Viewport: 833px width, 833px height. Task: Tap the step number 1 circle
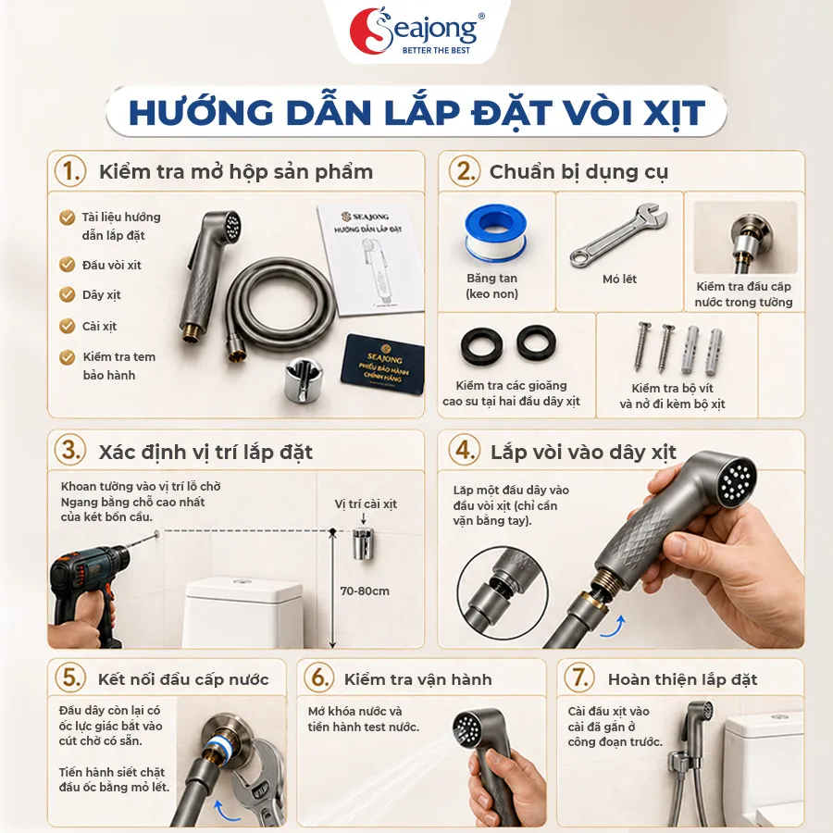[x=70, y=171]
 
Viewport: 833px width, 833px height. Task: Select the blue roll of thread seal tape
[x=496, y=235]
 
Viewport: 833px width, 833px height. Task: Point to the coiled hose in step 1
[x=281, y=310]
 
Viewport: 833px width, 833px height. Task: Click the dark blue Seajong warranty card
[x=382, y=365]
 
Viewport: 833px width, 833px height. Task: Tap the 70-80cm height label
[x=365, y=591]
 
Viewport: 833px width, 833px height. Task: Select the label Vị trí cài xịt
[x=366, y=504]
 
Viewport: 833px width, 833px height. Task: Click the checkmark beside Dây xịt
[x=67, y=294]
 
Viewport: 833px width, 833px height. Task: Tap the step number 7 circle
[x=578, y=678]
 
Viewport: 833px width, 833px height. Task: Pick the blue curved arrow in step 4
[x=613, y=627]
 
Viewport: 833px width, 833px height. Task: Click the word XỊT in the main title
[x=674, y=113]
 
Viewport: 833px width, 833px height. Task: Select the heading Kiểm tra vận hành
[x=417, y=679]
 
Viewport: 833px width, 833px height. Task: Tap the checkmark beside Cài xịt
[x=67, y=326]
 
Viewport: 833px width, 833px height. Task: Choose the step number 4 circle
[x=465, y=450]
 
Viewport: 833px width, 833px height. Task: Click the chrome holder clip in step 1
[x=304, y=378]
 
